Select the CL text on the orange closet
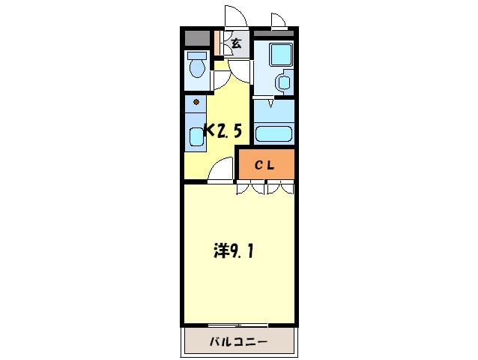pos(266,166)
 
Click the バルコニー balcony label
pos(238,343)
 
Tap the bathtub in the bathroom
pos(273,133)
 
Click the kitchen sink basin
pos(196,136)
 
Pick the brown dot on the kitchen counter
pos(196,102)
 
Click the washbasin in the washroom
pos(284,82)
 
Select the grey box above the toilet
pos(197,38)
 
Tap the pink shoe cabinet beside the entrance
pos(217,43)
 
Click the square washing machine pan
pos(281,54)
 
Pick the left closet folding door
pos(250,188)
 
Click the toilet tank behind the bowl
pos(197,55)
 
